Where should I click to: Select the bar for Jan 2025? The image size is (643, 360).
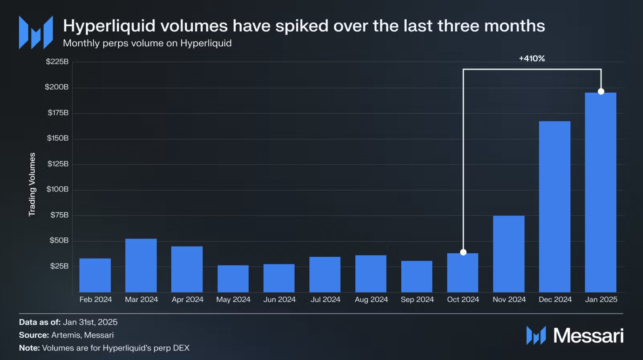[600, 192]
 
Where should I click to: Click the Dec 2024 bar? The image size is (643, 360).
[554, 207]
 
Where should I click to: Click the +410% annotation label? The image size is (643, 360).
[532, 58]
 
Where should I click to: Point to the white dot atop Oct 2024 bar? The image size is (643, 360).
[463, 252]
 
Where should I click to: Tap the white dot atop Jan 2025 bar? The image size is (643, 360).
[601, 91]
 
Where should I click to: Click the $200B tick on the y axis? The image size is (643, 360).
[57, 87]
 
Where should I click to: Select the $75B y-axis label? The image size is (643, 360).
[59, 215]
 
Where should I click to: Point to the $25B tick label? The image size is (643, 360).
[59, 266]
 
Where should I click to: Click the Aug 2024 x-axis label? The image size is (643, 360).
[371, 299]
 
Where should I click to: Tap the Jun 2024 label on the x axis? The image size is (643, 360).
[279, 299]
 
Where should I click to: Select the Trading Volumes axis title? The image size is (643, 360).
[32, 184]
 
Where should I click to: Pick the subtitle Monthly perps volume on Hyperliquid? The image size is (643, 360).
[147, 43]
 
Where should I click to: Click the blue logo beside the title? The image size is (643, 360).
[36, 33]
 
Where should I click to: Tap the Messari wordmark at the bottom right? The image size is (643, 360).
[588, 336]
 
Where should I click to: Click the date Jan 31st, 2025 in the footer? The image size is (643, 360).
[90, 322]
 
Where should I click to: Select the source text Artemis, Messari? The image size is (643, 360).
[82, 335]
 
